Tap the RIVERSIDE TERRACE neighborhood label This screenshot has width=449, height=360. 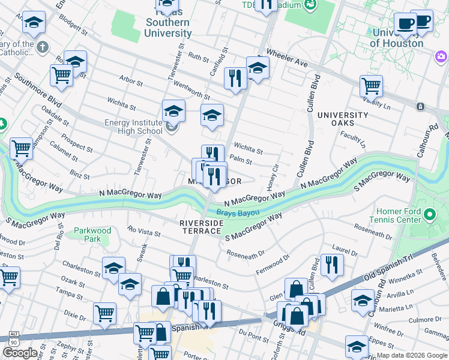pos(202,227)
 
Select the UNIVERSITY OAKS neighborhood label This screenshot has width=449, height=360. pos(343,119)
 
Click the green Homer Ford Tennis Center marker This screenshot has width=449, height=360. pos(429,214)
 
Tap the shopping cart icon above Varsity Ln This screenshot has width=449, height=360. pos(371,86)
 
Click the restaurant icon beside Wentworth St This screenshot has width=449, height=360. pos(235,78)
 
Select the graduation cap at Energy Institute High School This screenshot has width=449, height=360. pos(173,111)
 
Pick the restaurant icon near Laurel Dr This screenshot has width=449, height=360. pos(331,264)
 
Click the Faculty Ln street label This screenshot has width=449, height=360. pos(353,140)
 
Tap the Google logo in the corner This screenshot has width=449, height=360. pos(19,353)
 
